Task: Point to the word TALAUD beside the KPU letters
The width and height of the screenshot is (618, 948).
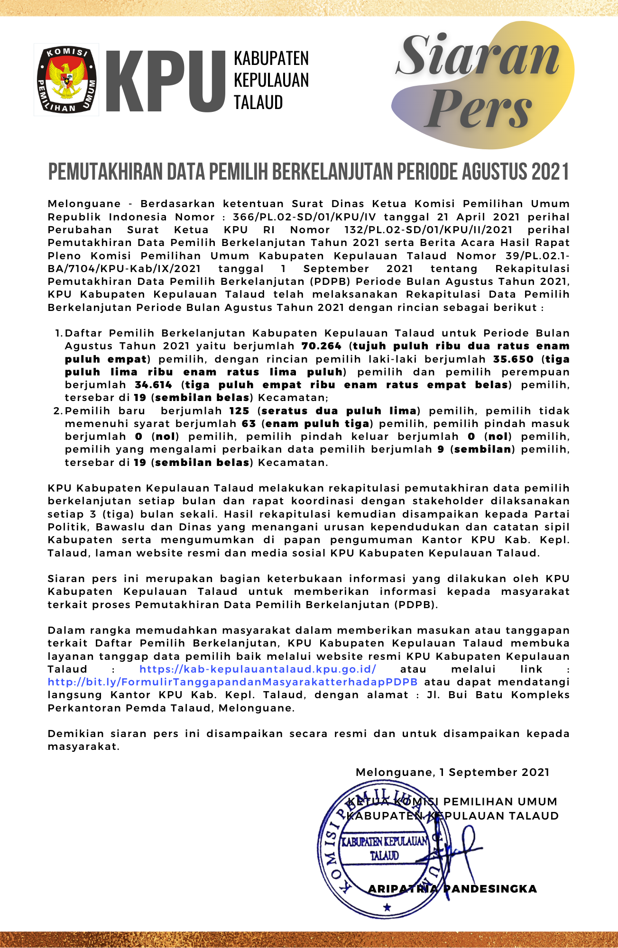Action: [x=258, y=102]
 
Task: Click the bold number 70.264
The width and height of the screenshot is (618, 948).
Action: [x=321, y=346]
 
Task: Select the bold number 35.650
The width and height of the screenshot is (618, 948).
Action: [x=513, y=359]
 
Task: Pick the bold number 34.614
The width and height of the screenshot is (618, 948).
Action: [x=153, y=385]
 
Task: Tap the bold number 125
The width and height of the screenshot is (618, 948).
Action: [x=239, y=411]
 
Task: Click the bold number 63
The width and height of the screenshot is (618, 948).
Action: [x=249, y=424]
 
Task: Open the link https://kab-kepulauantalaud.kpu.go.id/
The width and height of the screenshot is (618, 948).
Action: [x=258, y=669]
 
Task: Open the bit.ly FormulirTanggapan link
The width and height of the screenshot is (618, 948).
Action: [x=232, y=682]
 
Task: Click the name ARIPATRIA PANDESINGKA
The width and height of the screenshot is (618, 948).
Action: [x=452, y=889]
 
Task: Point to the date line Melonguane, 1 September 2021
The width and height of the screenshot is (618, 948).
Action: [x=452, y=773]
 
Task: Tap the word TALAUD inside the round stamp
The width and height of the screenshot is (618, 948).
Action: [x=384, y=856]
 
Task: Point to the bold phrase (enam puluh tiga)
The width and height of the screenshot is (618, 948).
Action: [x=317, y=424]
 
